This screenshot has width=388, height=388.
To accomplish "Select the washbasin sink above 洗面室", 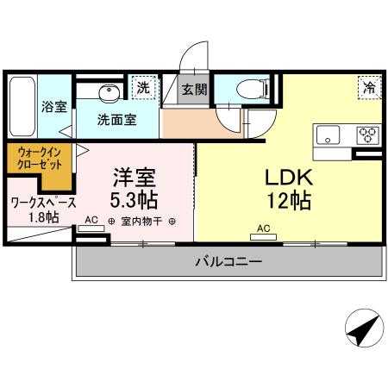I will tap(109, 92).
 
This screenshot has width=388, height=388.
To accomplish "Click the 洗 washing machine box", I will tap(143, 88).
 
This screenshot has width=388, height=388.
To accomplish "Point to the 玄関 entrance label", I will tap(194, 90).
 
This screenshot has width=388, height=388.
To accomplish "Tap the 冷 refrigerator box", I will tap(369, 87).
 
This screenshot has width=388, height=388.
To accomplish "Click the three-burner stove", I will tap(367, 135).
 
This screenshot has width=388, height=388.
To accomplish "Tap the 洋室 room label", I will tap(135, 176).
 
